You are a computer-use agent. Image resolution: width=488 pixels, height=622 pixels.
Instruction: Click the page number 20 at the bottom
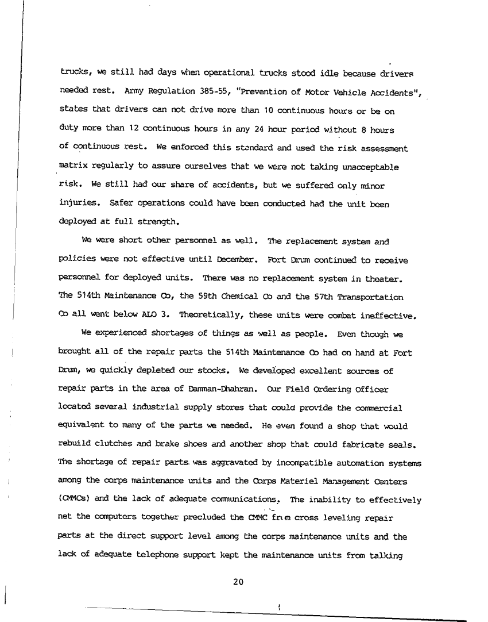click(239, 582)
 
